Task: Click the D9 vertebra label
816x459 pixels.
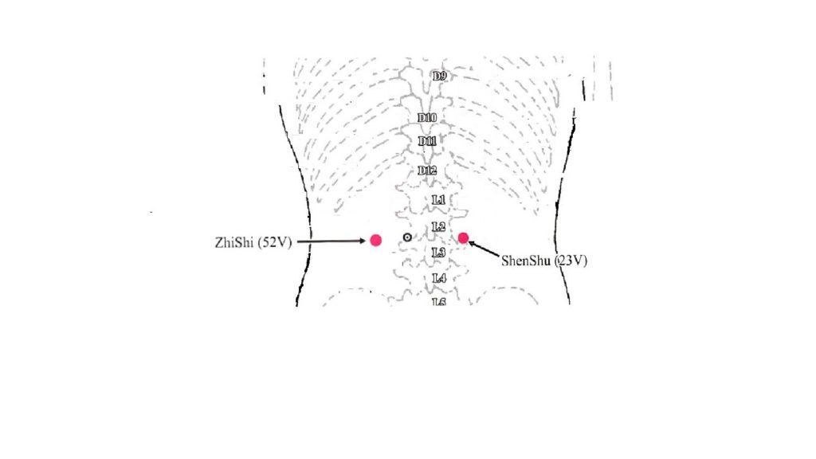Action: click(x=439, y=76)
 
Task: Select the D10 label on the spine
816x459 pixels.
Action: click(x=427, y=118)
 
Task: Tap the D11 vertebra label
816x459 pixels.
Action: click(x=427, y=141)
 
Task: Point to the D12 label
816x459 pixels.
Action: click(x=427, y=171)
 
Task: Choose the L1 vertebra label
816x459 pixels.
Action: click(x=438, y=199)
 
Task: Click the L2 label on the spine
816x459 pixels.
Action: click(x=438, y=227)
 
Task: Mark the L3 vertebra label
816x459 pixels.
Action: click(x=438, y=253)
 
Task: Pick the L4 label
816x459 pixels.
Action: click(x=438, y=278)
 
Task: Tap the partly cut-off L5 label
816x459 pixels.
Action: click(x=438, y=301)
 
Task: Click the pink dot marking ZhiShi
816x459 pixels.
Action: click(x=376, y=240)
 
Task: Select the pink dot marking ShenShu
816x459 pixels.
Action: click(x=463, y=237)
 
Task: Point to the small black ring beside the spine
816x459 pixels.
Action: click(x=407, y=237)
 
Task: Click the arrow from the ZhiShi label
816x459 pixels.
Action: click(x=331, y=241)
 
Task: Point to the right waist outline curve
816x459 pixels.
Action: click(x=563, y=207)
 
